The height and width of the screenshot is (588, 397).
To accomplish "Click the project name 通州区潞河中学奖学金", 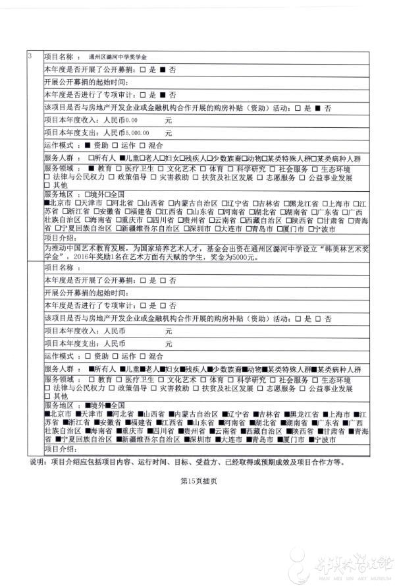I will pyautogui.click(x=123, y=57).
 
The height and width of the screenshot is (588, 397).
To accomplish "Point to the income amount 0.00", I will pyautogui.click(x=131, y=121).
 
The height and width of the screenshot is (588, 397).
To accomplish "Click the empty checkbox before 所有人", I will pyautogui.click(x=90, y=158).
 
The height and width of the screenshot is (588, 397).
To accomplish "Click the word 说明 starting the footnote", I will pyautogui.click(x=38, y=462).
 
